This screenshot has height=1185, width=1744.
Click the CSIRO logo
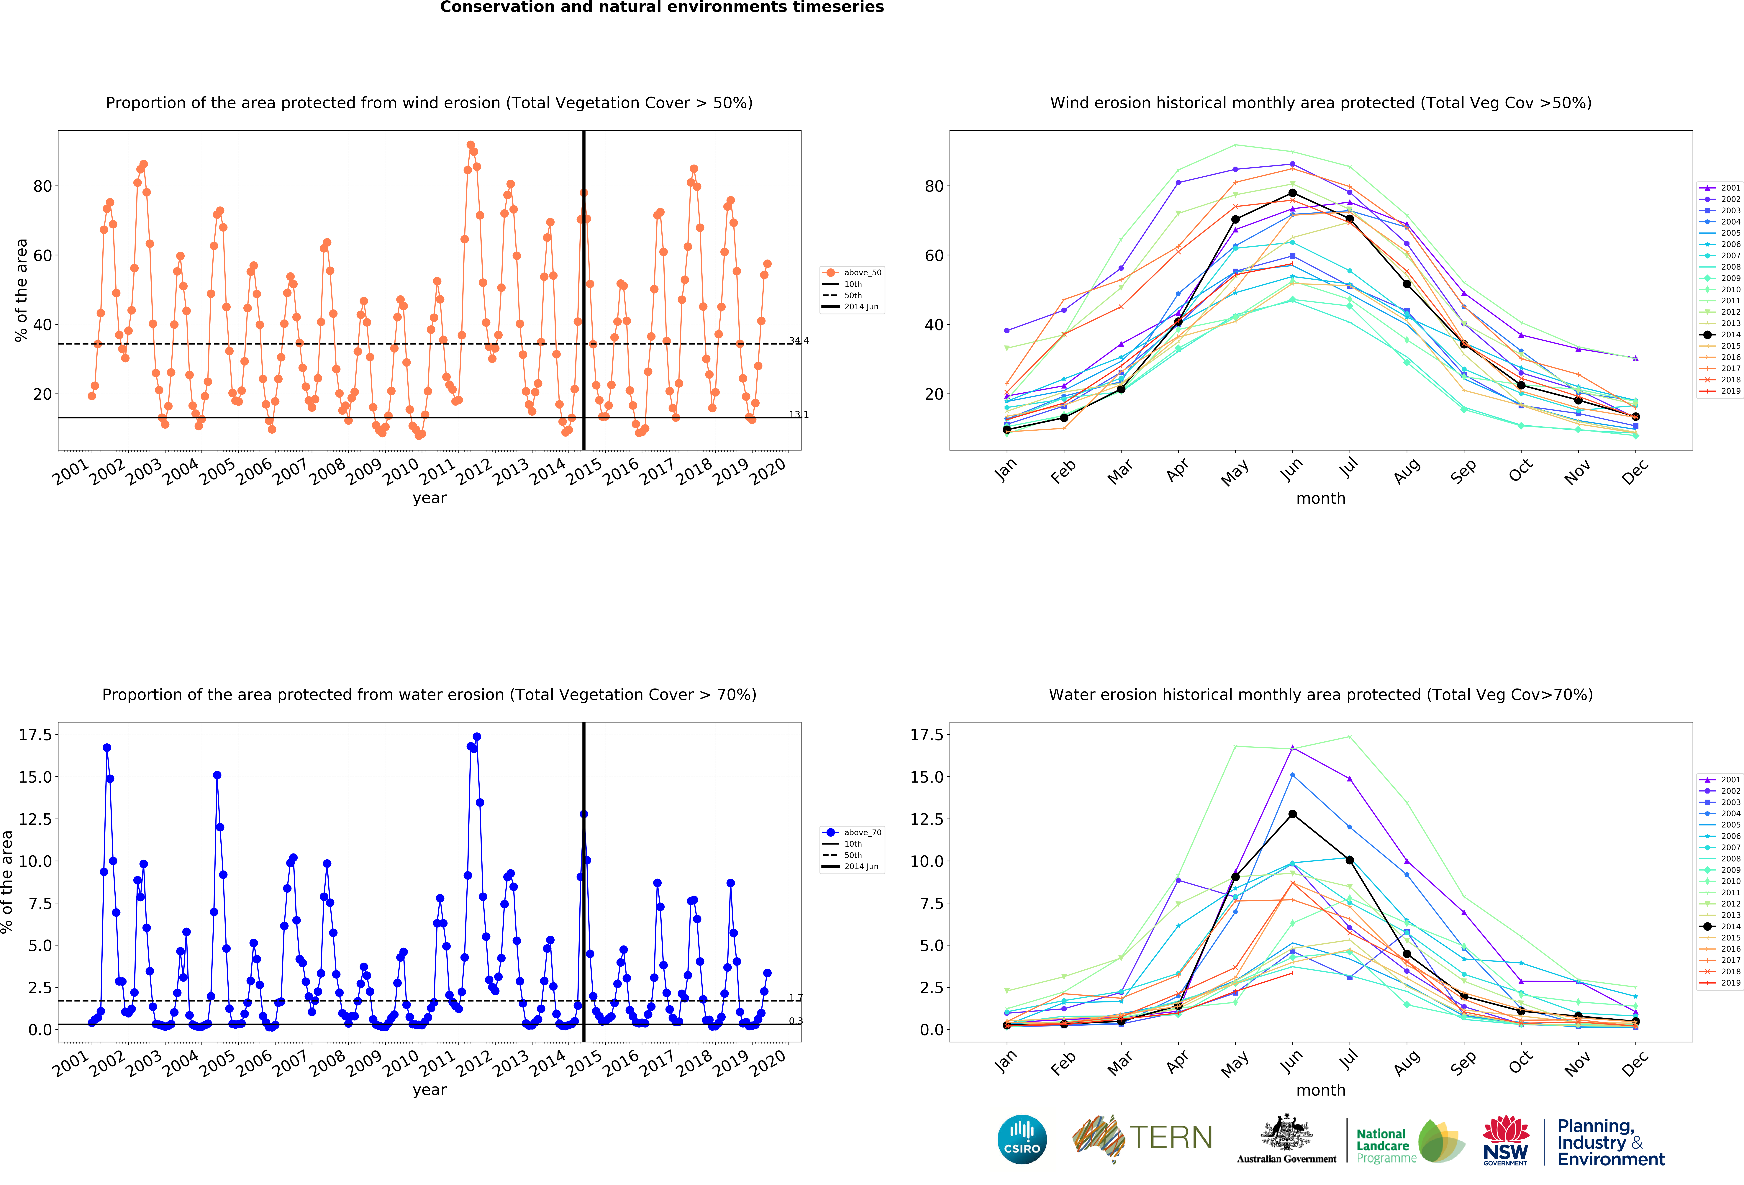click(1022, 1139)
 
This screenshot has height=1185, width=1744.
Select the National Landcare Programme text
click(1386, 1146)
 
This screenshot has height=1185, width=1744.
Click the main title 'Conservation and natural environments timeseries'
click(662, 7)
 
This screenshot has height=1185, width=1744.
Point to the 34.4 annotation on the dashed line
click(799, 341)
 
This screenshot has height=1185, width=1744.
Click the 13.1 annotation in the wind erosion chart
click(799, 414)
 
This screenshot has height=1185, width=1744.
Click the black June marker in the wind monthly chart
click(1292, 193)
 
